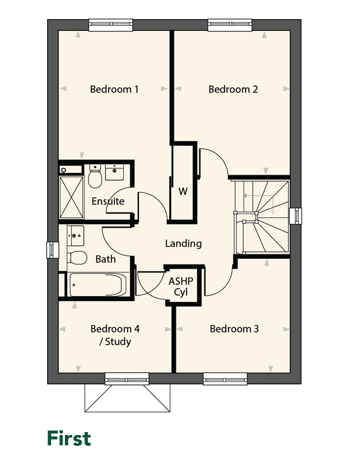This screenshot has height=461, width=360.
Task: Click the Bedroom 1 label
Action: [x=114, y=89]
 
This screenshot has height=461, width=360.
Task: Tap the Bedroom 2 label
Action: [x=233, y=89]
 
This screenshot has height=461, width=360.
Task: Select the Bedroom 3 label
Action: [x=234, y=329]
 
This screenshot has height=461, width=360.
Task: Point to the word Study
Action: [x=118, y=342]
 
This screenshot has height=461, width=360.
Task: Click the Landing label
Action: [x=183, y=244]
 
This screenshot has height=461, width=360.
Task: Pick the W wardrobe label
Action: [x=183, y=191]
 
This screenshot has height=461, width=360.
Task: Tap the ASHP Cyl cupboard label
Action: [x=181, y=287]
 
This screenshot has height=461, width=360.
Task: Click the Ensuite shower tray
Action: [x=72, y=197]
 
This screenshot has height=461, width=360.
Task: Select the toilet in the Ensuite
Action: [x=95, y=176]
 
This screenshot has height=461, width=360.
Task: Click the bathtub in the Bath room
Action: [x=98, y=285]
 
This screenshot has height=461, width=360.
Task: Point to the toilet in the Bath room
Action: [x=77, y=258]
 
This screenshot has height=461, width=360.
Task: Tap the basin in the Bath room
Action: [x=76, y=236]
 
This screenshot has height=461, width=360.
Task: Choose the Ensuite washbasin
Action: [x=114, y=172]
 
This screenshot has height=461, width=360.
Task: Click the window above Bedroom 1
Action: [x=111, y=25]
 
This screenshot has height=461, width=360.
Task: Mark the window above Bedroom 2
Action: [x=230, y=25]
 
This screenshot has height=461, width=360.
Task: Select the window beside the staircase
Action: [x=296, y=216]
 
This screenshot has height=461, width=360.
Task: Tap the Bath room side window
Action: [x=53, y=250]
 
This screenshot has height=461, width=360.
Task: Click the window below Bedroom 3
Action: [x=225, y=379]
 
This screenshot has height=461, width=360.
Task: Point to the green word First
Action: [x=69, y=438]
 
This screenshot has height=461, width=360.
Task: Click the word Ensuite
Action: [x=108, y=201]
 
